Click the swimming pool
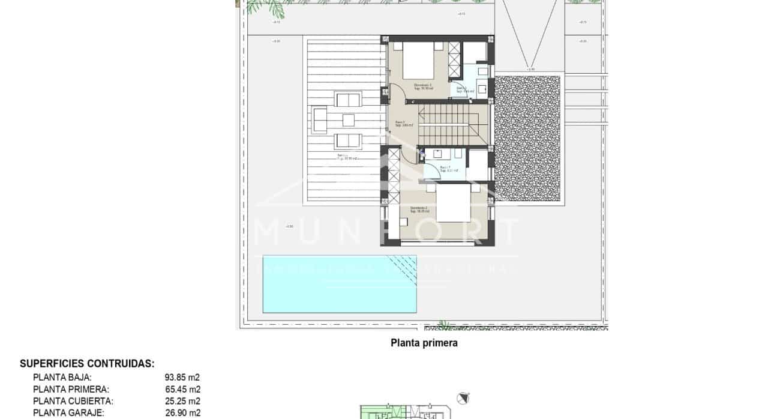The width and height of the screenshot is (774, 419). tap(340, 283)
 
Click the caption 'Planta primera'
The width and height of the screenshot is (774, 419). tap(424, 343)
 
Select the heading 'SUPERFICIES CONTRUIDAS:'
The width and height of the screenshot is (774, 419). tap(87, 364)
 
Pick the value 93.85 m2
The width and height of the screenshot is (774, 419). tap(182, 378)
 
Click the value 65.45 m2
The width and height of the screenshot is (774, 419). tap(182, 390)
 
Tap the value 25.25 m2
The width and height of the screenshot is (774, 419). tap(182, 401)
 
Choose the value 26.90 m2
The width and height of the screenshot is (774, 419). tap(182, 413)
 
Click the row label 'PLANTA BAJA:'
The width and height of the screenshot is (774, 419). tap(62, 378)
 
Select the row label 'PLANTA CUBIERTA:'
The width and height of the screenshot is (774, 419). tap(73, 401)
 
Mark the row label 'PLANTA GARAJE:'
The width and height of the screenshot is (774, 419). tap(68, 413)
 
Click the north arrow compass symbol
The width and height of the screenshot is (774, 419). tap(461, 397)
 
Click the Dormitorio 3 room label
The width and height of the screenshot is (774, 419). tap(423, 86)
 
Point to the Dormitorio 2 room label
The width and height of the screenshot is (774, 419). tap(419, 208)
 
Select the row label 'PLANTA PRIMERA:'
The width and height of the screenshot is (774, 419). tap(71, 390)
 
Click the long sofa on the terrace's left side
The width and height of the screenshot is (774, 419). tap(320, 120)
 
